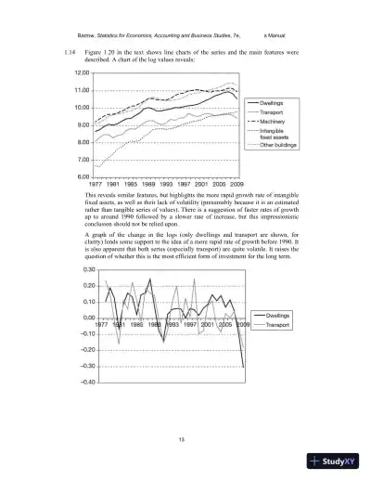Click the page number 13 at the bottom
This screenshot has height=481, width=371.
185,437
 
